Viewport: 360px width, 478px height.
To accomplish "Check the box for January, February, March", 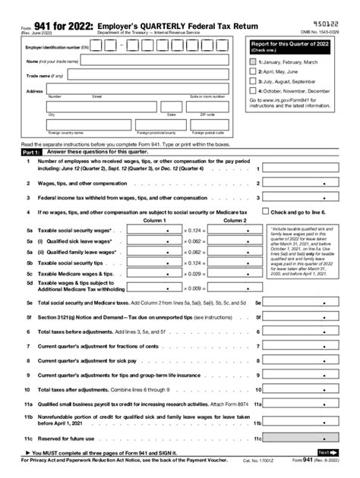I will coord(253,61).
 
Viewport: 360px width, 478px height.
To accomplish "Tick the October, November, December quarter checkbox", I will coord(253,90).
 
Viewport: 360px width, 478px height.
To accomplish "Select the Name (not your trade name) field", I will coord(151,61).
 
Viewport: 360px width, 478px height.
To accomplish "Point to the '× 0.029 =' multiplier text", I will coord(196,272).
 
